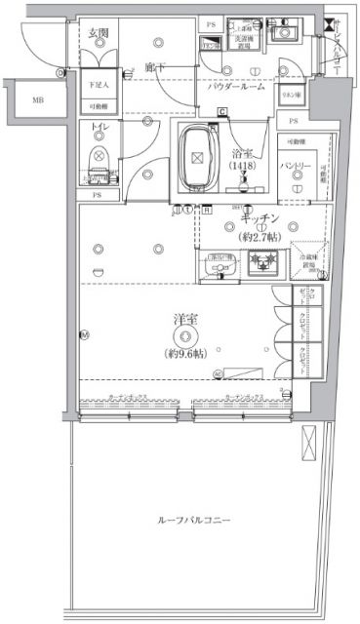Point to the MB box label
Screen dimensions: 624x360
[36, 100]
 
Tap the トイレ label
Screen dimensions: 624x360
[98, 128]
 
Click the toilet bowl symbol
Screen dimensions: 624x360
[99, 160]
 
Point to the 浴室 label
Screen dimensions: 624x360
[242, 153]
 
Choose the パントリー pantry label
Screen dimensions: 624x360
[300, 168]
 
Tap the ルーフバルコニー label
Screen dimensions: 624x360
[193, 521]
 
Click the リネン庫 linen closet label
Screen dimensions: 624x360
[290, 95]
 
